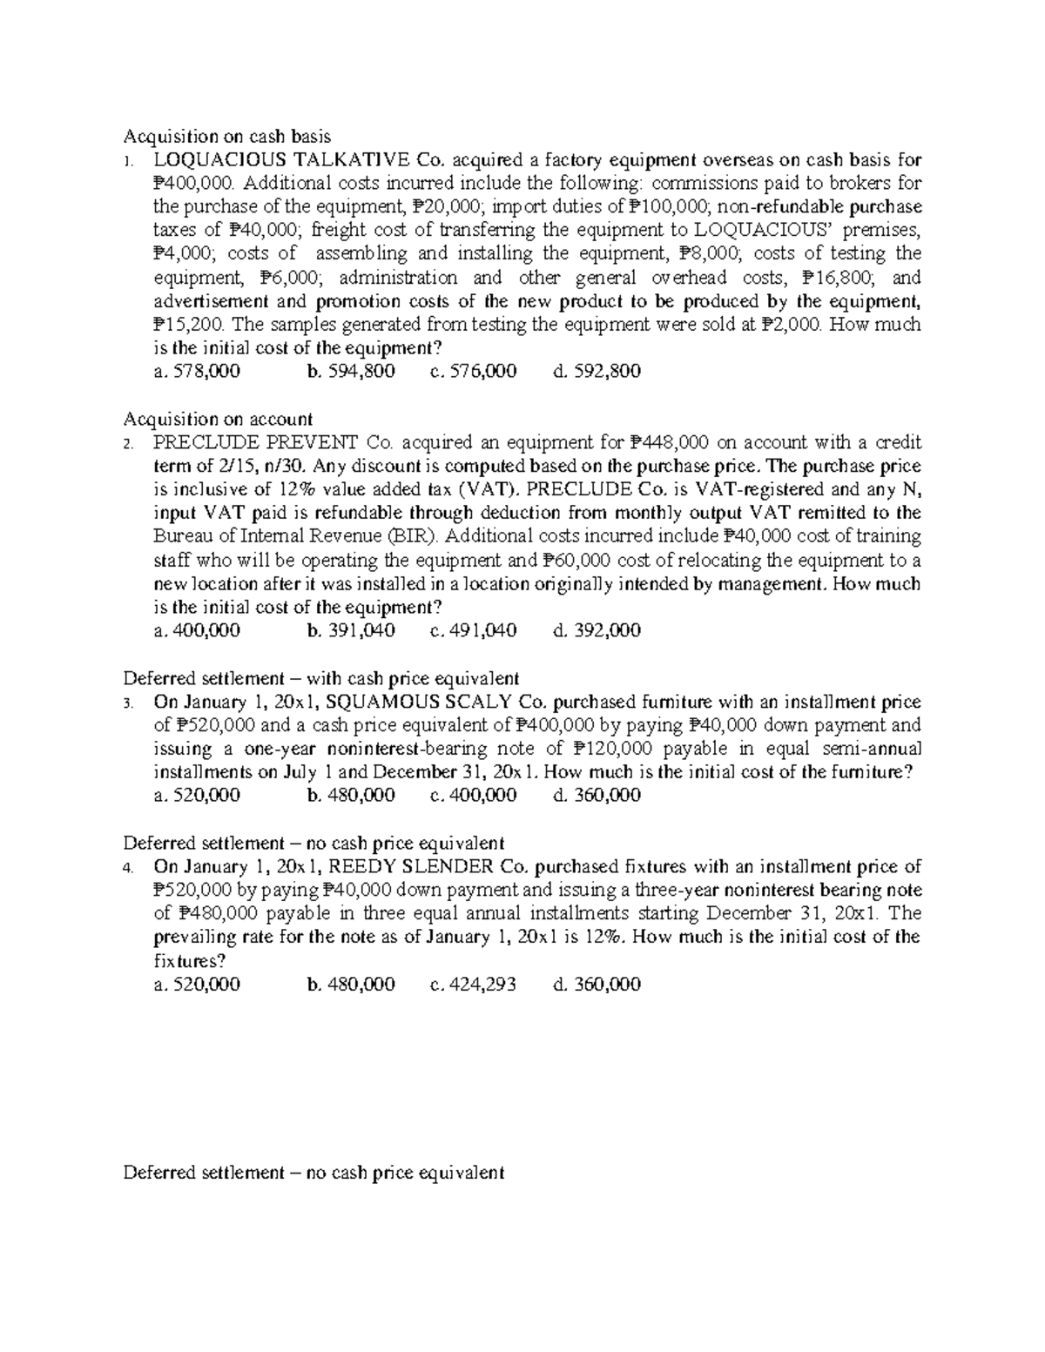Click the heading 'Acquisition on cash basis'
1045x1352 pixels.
point(227,136)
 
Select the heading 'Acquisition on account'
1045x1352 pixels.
point(218,419)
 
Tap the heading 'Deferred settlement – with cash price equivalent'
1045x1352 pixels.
point(321,678)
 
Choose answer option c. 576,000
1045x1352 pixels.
point(473,372)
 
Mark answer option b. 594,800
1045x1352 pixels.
point(351,372)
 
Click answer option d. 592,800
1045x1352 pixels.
point(597,372)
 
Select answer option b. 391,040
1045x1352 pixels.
point(351,630)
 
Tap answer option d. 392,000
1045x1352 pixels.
point(597,630)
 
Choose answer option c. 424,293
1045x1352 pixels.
point(473,985)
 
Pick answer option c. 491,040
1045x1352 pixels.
point(473,630)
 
